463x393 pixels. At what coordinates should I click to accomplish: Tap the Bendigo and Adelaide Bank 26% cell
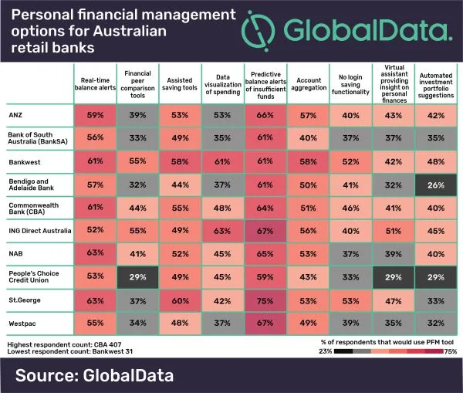click(x=434, y=185)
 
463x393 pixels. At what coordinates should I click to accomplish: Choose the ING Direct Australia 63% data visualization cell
click(x=222, y=230)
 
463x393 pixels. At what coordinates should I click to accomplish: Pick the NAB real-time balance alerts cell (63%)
click(x=96, y=252)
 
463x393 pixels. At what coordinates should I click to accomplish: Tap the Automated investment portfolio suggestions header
click(x=434, y=84)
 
